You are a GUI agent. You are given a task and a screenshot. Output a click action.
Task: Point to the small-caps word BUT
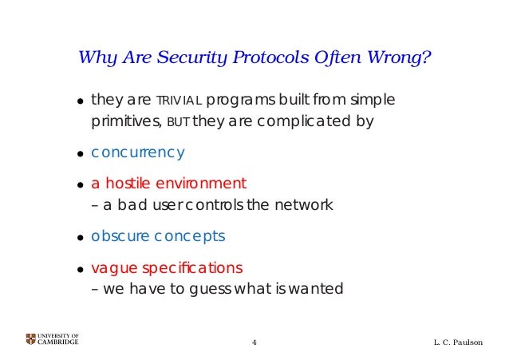click(x=178, y=123)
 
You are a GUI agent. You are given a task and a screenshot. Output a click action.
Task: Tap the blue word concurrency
click(x=138, y=152)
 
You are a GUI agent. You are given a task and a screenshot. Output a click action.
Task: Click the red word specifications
click(x=191, y=266)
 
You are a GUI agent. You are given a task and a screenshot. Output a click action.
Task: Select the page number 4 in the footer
click(x=254, y=342)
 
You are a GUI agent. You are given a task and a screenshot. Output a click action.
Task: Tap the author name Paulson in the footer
click(x=468, y=342)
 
